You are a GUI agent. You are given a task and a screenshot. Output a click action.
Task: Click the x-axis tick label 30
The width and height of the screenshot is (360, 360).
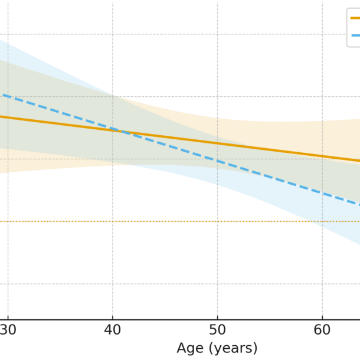[8, 330]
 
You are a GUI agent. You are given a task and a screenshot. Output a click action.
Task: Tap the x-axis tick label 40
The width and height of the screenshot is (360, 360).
[113, 330]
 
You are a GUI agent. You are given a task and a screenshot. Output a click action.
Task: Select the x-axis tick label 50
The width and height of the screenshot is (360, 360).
[217, 330]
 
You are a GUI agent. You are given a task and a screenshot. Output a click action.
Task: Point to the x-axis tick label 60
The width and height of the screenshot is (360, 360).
[322, 330]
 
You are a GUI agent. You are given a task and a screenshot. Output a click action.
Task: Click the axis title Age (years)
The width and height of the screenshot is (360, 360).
[217, 348]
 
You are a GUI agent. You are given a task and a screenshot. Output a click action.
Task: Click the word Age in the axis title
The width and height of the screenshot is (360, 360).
[189, 348]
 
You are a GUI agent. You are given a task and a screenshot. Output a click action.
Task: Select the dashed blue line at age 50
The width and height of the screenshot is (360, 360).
[217, 161]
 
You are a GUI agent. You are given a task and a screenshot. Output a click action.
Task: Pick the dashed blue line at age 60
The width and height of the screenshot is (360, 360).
[322, 193]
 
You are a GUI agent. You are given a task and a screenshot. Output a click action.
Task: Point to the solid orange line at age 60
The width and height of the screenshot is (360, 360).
[322, 156]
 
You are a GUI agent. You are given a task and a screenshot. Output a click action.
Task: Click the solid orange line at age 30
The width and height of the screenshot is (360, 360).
[8, 117]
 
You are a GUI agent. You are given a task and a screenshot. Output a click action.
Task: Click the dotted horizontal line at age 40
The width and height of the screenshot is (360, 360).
[113, 221]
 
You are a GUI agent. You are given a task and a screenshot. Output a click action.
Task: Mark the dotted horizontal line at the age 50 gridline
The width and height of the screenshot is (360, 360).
[217, 221]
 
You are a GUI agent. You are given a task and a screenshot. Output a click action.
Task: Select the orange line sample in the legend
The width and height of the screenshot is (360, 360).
[355, 18]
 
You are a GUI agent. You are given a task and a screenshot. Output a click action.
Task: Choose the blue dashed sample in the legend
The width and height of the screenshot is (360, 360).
[355, 35]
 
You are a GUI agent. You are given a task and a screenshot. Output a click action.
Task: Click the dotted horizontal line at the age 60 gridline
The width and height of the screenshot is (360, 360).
[322, 221]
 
